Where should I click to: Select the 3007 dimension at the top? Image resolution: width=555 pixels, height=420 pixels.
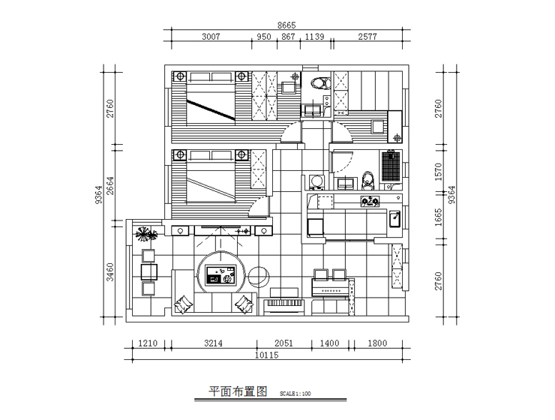[x=216, y=37]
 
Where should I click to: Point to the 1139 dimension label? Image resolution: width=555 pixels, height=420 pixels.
[x=314, y=37]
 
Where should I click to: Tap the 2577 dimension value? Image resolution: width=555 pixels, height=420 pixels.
[x=367, y=37]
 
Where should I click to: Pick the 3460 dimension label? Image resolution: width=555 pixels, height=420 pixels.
[x=110, y=271]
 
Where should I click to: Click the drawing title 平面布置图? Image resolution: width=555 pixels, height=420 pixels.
[x=237, y=391]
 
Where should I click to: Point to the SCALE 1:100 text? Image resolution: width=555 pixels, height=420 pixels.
[x=294, y=393]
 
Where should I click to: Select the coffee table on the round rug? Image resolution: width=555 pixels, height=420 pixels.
[x=220, y=278]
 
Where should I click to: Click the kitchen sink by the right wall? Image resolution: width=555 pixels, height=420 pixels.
[x=394, y=218]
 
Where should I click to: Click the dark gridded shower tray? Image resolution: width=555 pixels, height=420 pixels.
[x=390, y=166]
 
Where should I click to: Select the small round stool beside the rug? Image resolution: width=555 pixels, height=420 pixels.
[x=259, y=276]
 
